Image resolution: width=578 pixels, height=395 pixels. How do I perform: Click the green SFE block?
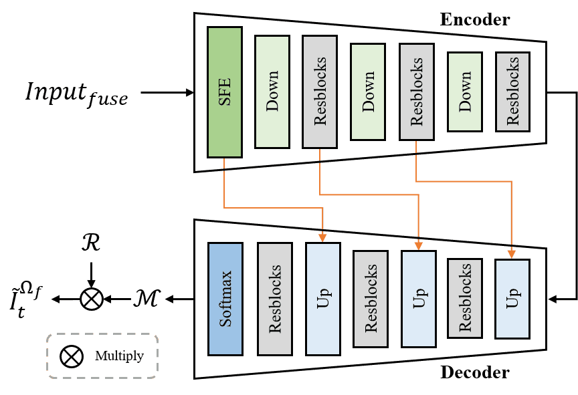pyautogui.click(x=224, y=92)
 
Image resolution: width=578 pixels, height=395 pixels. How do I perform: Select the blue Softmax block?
pyautogui.click(x=225, y=298)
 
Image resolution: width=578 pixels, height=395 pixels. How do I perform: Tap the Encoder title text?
pyautogui.click(x=474, y=19)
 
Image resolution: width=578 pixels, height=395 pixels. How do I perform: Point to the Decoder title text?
pyautogui.click(x=474, y=372)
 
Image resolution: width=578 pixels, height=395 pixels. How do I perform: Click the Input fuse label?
pyautogui.click(x=76, y=93)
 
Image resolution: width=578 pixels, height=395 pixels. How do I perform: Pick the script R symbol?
pyautogui.click(x=91, y=243)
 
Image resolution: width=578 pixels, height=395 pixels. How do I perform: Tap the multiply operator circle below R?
pyautogui.click(x=91, y=299)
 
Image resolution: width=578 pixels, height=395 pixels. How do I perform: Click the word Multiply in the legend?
pyautogui.click(x=119, y=356)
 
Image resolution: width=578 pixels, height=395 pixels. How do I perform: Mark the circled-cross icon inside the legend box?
pyautogui.click(x=72, y=356)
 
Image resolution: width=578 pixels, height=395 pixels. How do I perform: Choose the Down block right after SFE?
pyautogui.click(x=272, y=92)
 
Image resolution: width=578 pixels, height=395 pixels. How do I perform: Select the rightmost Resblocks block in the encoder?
pyautogui.click(x=512, y=91)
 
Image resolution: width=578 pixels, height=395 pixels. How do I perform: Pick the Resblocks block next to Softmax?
pyautogui.click(x=275, y=298)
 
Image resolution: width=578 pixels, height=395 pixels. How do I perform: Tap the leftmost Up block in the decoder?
pyautogui.click(x=323, y=298)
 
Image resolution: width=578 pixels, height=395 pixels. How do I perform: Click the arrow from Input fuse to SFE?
pyautogui.click(x=167, y=93)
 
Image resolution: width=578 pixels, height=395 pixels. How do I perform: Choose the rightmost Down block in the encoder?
pyautogui.click(x=464, y=92)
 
